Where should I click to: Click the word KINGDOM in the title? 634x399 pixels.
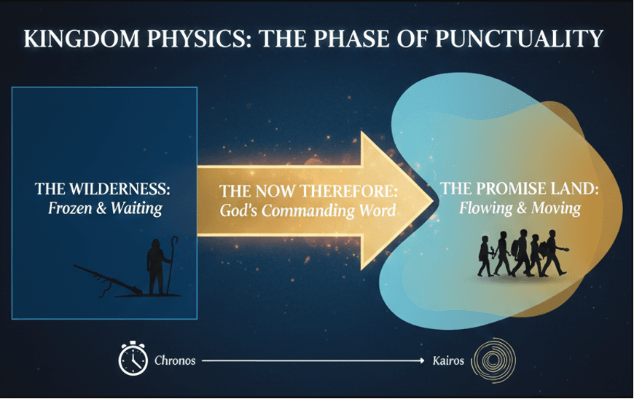pos(82,39)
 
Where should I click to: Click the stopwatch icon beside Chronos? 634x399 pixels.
pos(133,358)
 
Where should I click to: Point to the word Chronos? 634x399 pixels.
pos(175,360)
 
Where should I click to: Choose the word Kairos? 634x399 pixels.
pos(448,360)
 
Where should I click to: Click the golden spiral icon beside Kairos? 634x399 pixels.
pos(494,360)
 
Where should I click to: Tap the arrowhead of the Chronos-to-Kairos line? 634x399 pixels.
pos(422,360)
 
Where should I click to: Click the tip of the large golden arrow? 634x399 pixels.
pos(434,201)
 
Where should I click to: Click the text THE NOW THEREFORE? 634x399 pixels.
pos(308,191)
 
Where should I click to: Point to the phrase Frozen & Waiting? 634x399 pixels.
pos(105,208)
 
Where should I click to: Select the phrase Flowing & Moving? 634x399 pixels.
pos(520,208)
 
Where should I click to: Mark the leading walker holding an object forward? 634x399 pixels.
pos(554,253)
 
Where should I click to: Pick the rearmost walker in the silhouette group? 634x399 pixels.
pos(485,256)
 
